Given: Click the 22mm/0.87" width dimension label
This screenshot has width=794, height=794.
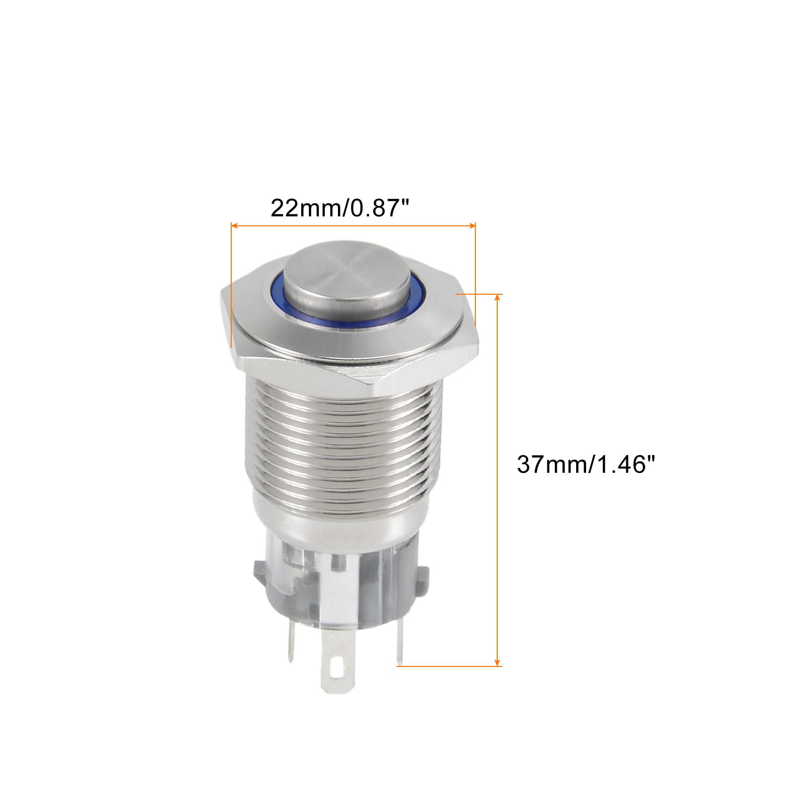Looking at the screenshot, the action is tap(342, 208).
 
